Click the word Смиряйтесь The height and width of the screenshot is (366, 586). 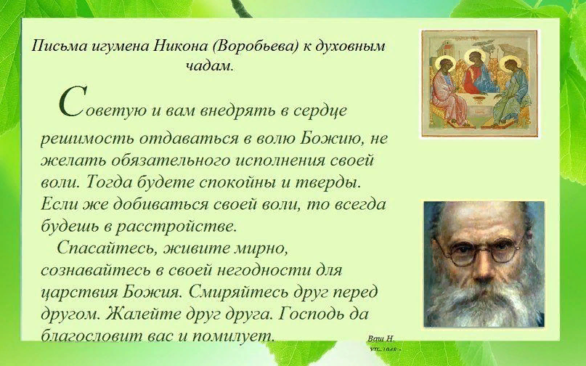coord(229,292)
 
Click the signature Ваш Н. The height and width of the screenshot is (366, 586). coord(381,338)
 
